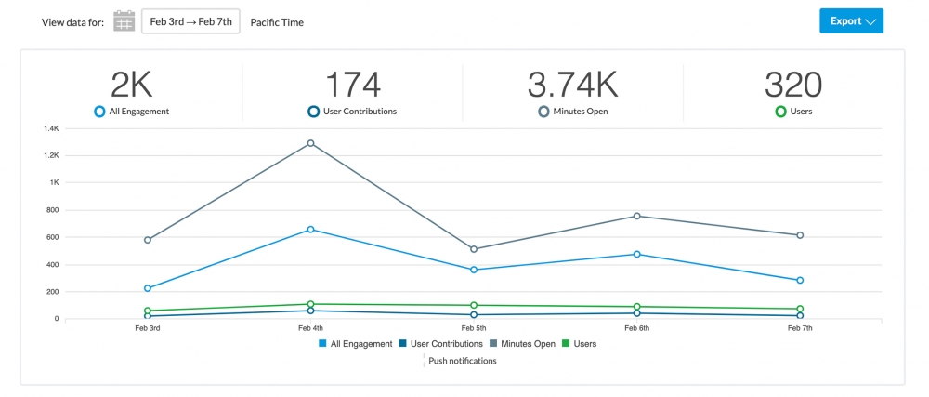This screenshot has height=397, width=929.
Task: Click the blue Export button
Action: coord(851,21)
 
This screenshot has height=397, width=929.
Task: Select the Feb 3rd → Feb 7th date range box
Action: coord(190,21)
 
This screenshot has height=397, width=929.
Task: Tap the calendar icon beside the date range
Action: coord(124,21)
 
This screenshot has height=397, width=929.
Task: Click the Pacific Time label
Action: coord(277,22)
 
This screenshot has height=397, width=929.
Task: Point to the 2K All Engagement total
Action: coord(131,86)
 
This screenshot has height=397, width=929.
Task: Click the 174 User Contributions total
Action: coord(352,86)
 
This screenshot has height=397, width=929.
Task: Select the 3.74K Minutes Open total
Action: coord(572,86)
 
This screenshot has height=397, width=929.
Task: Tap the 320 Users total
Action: coord(793,86)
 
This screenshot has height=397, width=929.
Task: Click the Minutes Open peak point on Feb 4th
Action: coord(310,143)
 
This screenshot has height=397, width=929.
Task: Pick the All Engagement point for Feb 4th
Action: coord(310,229)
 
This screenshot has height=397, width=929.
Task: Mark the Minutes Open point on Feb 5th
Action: coord(474,249)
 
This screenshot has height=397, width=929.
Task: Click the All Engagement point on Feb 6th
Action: coord(637,254)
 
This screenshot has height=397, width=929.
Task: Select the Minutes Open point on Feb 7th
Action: coord(800,235)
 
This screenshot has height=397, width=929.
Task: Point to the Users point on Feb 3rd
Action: coord(148,311)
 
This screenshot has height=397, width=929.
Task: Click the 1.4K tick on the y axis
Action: coord(49,128)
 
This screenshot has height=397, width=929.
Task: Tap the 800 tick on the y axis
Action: coord(52,210)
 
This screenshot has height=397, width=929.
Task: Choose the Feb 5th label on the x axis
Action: coord(474,329)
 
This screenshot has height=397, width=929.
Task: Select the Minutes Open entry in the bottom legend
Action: coord(523,344)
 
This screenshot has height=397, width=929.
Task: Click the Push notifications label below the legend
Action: coord(462,361)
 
